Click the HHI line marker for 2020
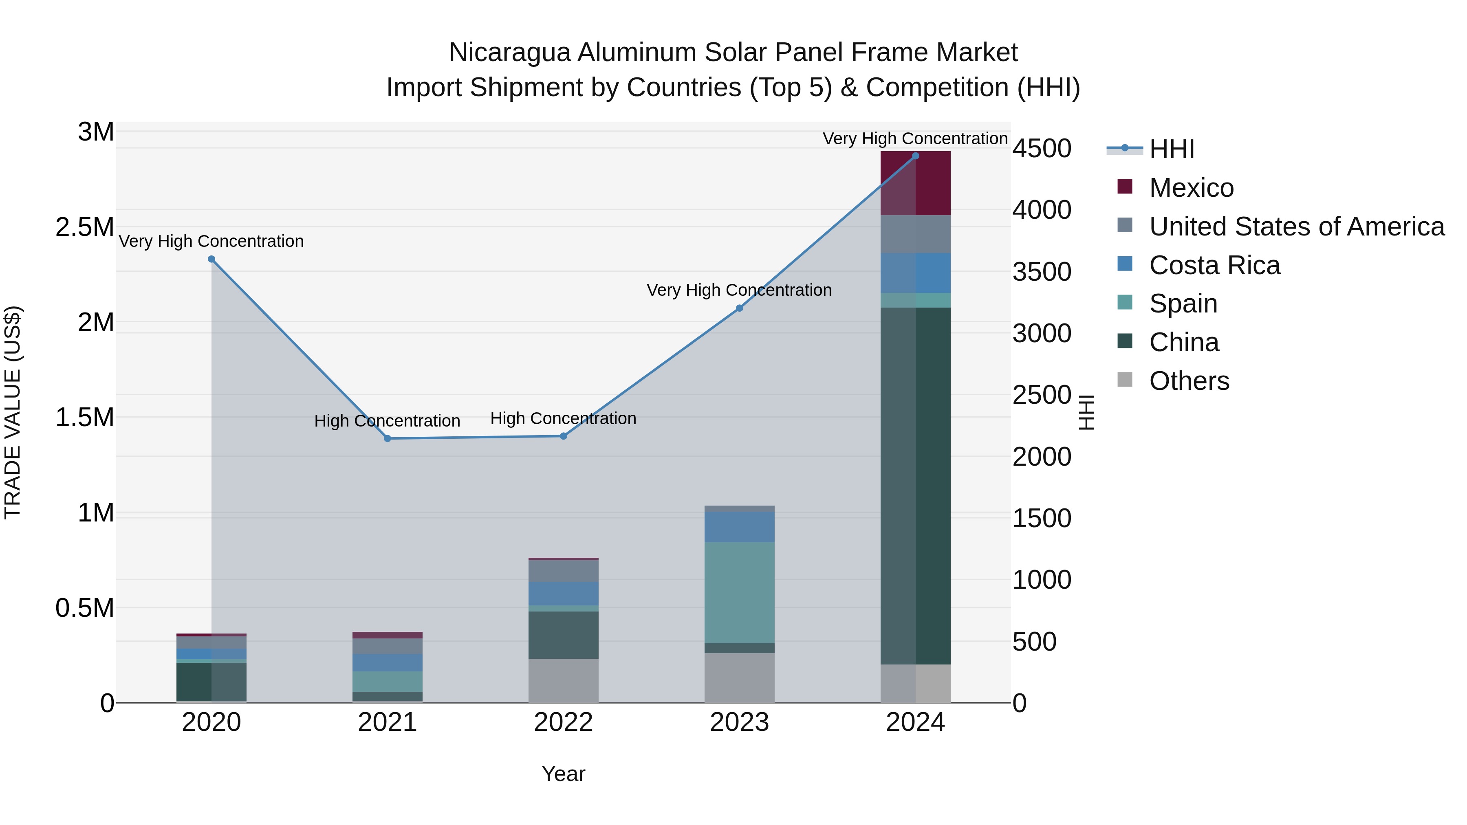point(211,259)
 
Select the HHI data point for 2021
point(387,438)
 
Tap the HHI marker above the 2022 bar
point(563,436)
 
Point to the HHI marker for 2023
point(739,308)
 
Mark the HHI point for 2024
point(915,156)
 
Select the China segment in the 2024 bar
point(915,485)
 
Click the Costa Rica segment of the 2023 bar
point(739,527)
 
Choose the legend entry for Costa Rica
point(1214,265)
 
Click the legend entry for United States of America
point(1296,227)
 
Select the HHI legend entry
point(1171,149)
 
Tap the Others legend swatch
point(1125,380)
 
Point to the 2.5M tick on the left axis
point(84,227)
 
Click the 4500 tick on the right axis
point(1042,149)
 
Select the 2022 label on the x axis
point(563,722)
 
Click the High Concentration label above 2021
point(387,421)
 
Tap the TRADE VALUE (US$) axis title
point(13,412)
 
